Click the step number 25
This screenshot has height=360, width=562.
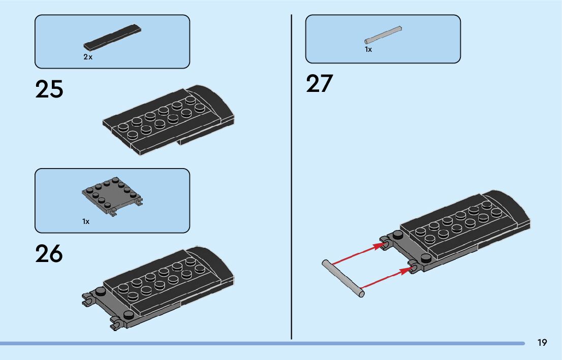pyautogui.click(x=49, y=89)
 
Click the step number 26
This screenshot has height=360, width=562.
pyautogui.click(x=49, y=254)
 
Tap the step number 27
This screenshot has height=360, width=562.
pyautogui.click(x=319, y=84)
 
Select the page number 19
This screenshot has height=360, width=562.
pyautogui.click(x=542, y=343)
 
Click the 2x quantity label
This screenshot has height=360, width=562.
pyautogui.click(x=88, y=57)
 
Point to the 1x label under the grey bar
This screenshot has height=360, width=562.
pyautogui.click(x=368, y=49)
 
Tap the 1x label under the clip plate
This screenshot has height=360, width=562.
pyautogui.click(x=86, y=221)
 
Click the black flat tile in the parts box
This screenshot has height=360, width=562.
pyautogui.click(x=112, y=37)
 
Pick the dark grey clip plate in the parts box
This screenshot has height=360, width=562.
pyautogui.click(x=112, y=195)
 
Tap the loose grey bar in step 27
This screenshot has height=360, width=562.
pyautogui.click(x=343, y=278)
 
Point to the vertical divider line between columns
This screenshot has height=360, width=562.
pyautogui.click(x=291, y=178)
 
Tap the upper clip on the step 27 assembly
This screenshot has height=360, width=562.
pyautogui.click(x=386, y=243)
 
